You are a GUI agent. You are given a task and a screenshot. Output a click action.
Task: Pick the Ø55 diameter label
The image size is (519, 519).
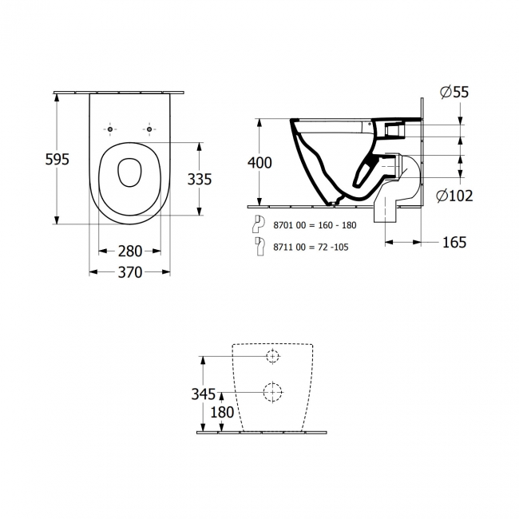[x=454, y=93]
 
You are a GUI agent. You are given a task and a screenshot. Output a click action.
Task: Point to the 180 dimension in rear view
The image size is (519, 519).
[x=222, y=413]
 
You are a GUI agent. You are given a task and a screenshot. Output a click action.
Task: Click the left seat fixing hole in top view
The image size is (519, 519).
[x=109, y=129]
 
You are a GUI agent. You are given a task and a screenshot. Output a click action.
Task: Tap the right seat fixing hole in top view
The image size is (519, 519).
[x=149, y=129]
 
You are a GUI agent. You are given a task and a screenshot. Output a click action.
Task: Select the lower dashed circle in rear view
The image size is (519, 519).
[x=272, y=391]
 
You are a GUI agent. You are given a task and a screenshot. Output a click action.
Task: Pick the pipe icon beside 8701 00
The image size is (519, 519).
[x=259, y=224]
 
